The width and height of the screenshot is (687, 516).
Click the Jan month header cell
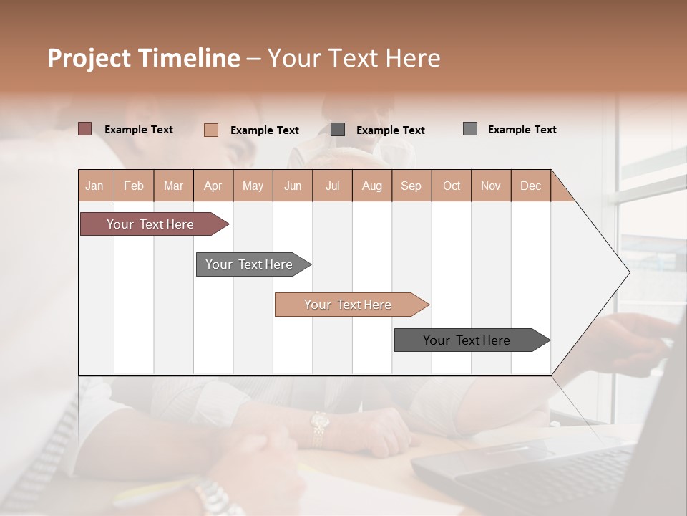[x=95, y=186]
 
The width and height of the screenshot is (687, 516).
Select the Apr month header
[x=213, y=186]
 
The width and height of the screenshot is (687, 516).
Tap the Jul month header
[x=332, y=186]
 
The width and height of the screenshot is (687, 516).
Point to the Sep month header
[x=411, y=186]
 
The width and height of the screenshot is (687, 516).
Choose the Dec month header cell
[x=530, y=186]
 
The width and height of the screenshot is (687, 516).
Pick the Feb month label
[x=134, y=186]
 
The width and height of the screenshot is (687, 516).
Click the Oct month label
[x=452, y=186]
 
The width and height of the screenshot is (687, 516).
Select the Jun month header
[x=293, y=186]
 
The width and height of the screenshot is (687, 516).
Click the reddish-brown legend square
[x=84, y=129]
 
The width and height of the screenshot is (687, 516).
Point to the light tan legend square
[x=210, y=130]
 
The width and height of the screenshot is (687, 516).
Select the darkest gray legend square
[x=338, y=130]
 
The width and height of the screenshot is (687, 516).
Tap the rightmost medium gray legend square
[x=469, y=129]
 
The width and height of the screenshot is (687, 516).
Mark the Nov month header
[x=491, y=186]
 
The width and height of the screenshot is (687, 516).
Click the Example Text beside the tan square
[x=264, y=130]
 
